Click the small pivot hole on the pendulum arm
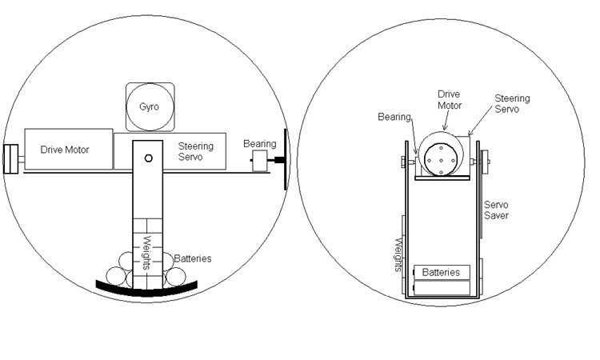pos(148,158)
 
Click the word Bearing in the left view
pos(260,144)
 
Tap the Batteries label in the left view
pos(192,258)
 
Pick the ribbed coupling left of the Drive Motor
pos(11,158)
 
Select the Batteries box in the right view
pos(441,272)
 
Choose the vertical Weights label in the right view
pos(398,254)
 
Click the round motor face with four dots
pos(441,158)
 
